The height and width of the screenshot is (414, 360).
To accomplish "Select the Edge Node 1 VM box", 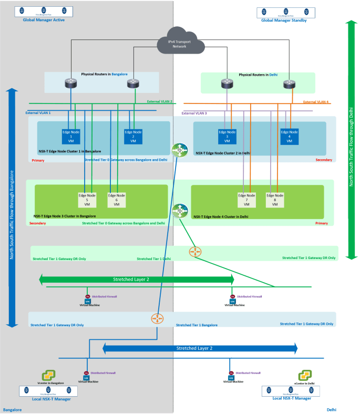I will tap(70, 136).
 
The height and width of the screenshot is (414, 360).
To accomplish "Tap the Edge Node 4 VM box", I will tap(289, 136).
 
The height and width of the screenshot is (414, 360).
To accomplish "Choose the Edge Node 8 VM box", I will tap(274, 200).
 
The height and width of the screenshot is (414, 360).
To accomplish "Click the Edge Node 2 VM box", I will tap(133, 136).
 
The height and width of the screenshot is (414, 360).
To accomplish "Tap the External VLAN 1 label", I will tap(42, 112).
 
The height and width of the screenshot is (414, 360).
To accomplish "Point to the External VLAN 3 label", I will tap(195, 113).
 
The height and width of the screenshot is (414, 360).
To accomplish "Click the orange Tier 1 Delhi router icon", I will tap(196, 252).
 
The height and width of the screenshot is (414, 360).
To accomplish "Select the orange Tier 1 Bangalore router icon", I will tap(157, 318).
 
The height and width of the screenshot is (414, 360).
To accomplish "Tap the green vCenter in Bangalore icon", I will tap(49, 375).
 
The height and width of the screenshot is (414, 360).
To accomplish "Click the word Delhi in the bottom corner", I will tap(332, 409).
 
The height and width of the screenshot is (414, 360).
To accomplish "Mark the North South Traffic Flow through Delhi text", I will tap(352, 142).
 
